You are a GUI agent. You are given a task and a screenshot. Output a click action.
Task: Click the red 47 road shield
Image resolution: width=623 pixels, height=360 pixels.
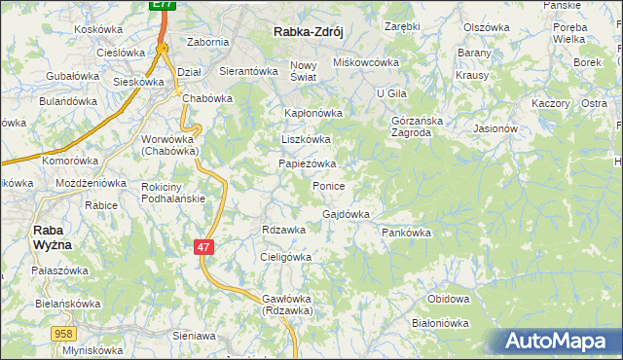202,248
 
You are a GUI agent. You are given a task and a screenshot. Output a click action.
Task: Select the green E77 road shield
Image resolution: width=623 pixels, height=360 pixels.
165,6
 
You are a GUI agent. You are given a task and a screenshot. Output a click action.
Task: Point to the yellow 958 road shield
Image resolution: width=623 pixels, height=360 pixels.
63,333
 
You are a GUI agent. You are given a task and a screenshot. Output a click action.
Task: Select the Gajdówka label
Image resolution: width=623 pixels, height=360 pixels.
346,214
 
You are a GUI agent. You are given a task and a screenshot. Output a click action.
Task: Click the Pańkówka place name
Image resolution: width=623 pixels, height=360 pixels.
406,234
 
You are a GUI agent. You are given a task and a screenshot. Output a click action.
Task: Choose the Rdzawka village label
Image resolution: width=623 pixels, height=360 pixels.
284,230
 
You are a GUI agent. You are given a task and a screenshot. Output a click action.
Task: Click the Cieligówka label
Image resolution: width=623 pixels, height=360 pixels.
285,257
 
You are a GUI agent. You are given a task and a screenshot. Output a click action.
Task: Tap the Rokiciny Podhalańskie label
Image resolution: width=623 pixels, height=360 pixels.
172,193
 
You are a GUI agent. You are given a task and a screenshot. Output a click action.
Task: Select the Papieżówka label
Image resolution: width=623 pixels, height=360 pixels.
307,163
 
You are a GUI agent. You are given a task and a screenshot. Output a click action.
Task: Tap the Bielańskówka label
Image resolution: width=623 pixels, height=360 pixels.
40,304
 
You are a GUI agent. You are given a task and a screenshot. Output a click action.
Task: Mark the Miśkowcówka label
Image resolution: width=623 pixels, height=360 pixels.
367,62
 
